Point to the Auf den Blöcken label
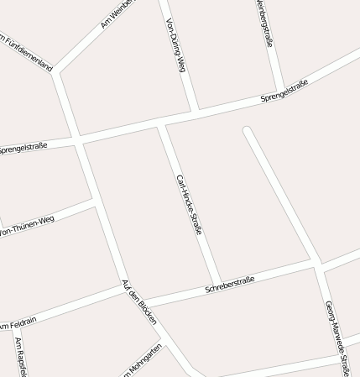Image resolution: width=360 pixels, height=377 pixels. pos(139,302)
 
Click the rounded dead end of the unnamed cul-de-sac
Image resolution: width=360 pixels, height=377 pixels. pos(247,130)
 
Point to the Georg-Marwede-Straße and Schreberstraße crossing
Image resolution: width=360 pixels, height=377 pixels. pos(320,264)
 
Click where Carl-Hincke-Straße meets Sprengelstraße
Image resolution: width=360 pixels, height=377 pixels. pos(162,124)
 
